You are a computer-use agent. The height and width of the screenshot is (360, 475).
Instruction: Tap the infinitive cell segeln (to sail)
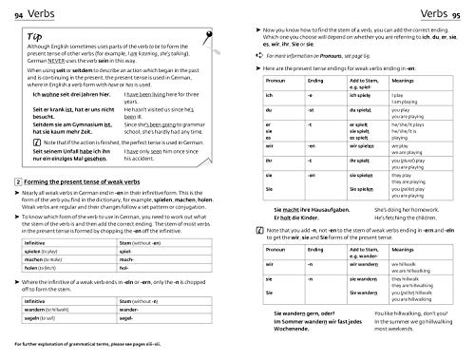(x=50, y=320)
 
